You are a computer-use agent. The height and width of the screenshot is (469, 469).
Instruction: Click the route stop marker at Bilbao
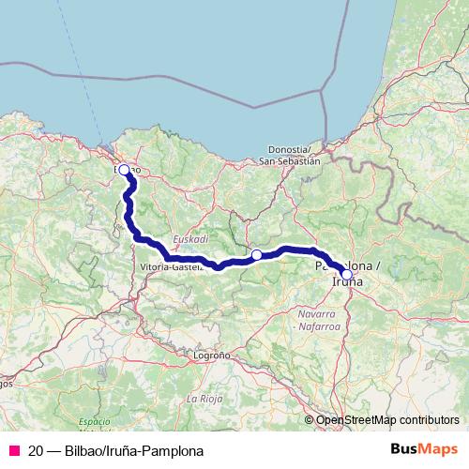[124, 170]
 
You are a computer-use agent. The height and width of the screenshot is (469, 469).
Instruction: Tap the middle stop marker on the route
[256, 254]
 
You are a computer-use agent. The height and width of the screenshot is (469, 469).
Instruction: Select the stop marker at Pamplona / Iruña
[347, 275]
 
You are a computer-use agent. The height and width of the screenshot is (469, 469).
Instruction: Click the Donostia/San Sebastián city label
[289, 155]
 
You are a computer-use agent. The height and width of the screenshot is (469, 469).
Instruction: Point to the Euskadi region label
[191, 239]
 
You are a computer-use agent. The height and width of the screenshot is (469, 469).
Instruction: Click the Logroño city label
[211, 356]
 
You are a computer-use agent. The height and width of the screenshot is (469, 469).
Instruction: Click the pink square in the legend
[13, 451]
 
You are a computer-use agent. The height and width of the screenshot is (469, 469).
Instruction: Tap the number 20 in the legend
[36, 451]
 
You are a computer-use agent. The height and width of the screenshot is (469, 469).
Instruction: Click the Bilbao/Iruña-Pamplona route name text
[132, 451]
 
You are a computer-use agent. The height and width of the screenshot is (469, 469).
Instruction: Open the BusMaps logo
[424, 450]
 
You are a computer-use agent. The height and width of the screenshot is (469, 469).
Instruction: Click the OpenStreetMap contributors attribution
[387, 419]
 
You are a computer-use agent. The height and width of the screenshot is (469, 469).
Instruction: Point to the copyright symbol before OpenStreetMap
[310, 419]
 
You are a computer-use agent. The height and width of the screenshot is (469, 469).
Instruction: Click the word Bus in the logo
[405, 450]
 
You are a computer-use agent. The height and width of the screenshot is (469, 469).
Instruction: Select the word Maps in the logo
[439, 450]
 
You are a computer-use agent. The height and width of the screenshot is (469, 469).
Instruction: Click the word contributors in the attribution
[429, 419]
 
